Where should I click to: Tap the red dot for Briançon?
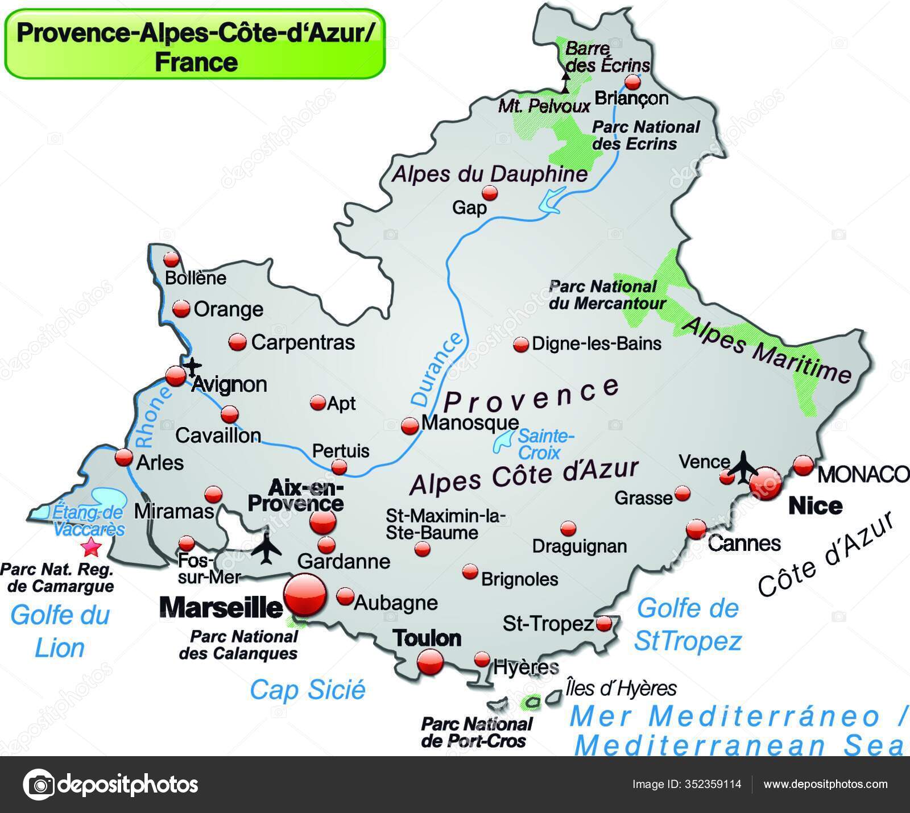point(632,82)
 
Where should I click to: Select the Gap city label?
point(469,208)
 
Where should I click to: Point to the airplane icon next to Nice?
point(743,467)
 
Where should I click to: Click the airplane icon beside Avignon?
point(193,366)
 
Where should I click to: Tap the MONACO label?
point(862,474)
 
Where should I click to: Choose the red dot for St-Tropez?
point(604,624)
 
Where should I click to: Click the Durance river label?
point(436,370)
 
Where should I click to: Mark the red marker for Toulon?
point(430,662)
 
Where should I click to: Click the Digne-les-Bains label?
point(596,344)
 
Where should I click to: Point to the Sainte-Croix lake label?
point(543,445)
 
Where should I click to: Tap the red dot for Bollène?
point(171,259)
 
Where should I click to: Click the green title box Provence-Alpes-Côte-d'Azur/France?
point(195,44)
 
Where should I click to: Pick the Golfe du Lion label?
point(60,631)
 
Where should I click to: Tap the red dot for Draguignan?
point(568,528)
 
